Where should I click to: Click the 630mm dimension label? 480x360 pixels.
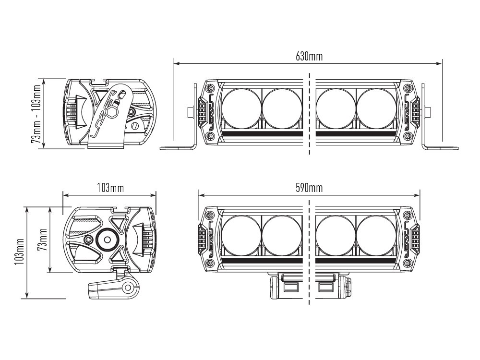(309, 56)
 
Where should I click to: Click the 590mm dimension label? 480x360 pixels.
(309, 187)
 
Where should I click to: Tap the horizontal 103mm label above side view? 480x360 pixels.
(110, 187)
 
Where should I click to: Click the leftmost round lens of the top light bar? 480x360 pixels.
(242, 108)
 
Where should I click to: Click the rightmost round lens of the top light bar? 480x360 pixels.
(377, 108)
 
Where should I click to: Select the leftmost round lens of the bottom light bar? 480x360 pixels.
(242, 235)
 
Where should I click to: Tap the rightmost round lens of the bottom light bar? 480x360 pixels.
(377, 235)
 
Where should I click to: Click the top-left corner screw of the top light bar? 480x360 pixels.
(210, 88)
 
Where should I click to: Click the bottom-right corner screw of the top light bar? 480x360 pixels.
(408, 136)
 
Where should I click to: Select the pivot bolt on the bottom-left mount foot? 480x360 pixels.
(128, 288)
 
